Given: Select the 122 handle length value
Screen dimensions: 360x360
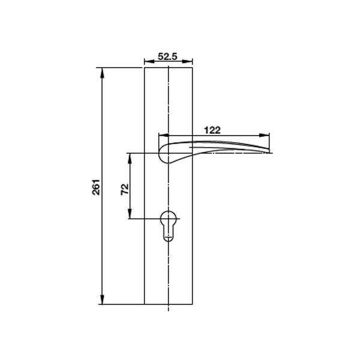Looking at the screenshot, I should click(213, 130).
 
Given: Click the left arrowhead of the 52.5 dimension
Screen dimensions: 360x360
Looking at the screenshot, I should click(147, 62).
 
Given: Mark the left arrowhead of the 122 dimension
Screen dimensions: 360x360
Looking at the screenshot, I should click(160, 135).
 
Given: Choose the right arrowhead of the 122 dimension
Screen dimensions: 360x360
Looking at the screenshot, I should click(269, 135).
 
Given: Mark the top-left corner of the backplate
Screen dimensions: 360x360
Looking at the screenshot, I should click(145, 68).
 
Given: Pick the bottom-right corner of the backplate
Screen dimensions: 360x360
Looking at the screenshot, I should click(193, 305).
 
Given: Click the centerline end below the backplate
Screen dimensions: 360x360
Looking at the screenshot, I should click(169, 312).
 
